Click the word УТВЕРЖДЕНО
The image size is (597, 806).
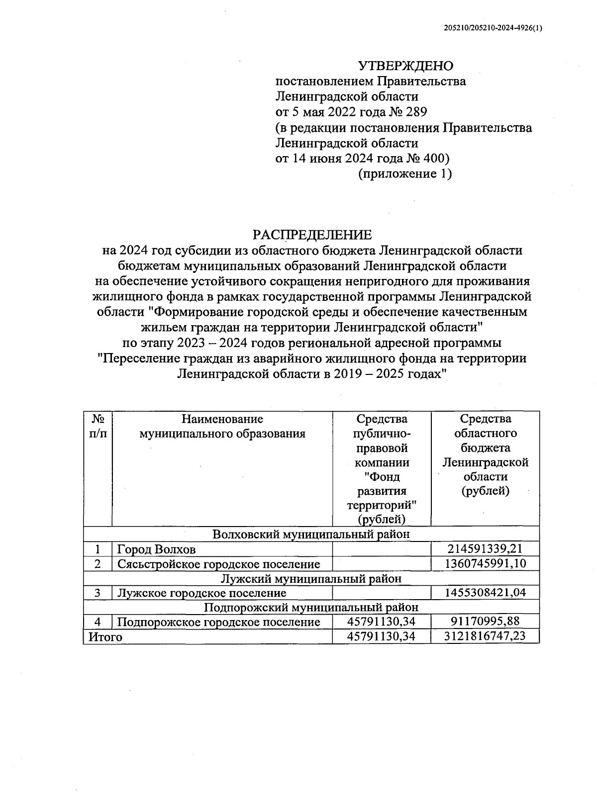pos(406,66)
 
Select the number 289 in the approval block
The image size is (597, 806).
pos(416,112)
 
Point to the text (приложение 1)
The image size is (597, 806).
pos(405,174)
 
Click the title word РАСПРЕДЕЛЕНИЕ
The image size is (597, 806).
pos(312,235)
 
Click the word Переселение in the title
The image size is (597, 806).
pos(143,358)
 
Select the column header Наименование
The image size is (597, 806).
pos(222,419)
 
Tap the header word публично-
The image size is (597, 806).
pos(382,433)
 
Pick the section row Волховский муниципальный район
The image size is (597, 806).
pos(311,534)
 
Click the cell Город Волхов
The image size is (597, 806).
pos(156,549)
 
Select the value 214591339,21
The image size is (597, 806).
pos(486,549)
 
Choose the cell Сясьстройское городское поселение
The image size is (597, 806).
pos(218,564)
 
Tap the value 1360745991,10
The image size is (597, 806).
pos(486,563)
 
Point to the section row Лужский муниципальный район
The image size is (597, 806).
pos(311,578)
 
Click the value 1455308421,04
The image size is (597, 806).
pos(486,593)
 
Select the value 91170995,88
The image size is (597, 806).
pos(486,622)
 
